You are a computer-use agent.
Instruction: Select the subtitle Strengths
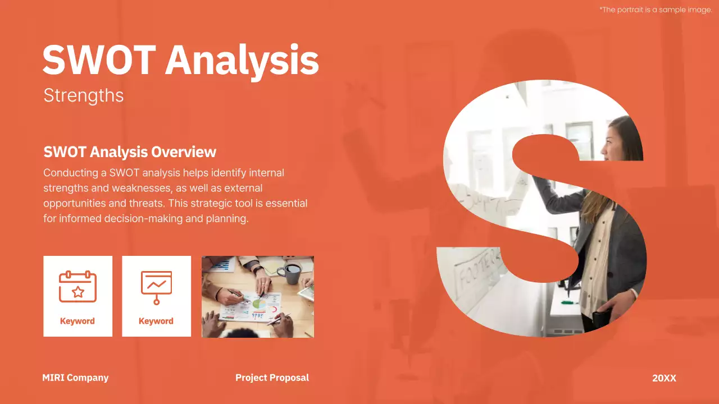(x=83, y=95)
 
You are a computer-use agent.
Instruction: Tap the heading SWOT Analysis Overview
(x=130, y=152)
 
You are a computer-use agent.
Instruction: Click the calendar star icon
(x=78, y=287)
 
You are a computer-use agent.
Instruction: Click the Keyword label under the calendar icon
(x=78, y=321)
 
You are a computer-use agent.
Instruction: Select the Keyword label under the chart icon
(x=156, y=321)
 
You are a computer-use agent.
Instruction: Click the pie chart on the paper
(x=259, y=304)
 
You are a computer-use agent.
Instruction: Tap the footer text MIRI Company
(x=75, y=378)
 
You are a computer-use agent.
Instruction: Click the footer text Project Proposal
(x=272, y=378)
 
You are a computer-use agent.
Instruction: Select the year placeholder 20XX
(x=664, y=378)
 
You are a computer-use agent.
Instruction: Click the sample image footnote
(x=656, y=10)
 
